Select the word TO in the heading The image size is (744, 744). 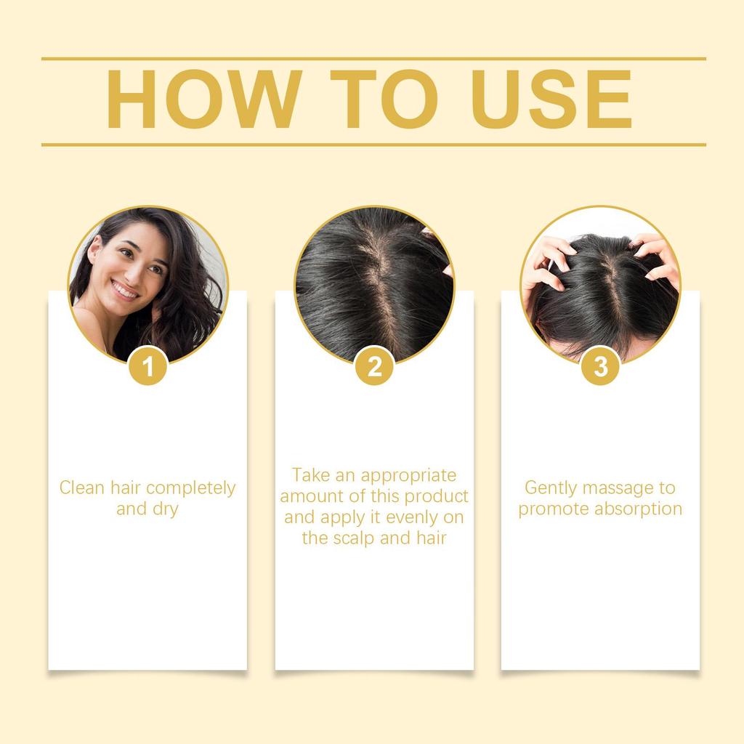click(x=376, y=101)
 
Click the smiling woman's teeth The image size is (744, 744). click(x=125, y=291)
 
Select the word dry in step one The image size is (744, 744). click(x=165, y=509)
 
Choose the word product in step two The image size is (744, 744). click(x=436, y=496)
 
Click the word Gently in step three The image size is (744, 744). click(x=551, y=488)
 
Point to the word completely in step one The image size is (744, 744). click(x=191, y=488)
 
